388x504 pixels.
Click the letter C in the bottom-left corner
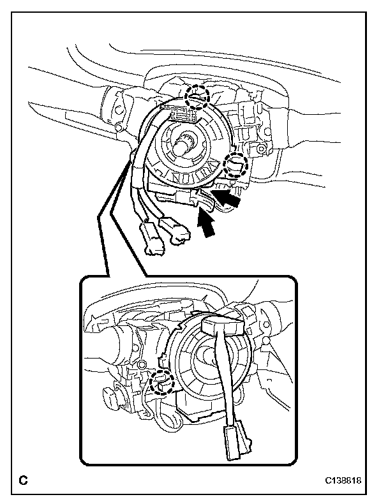pyautogui.click(x=24, y=479)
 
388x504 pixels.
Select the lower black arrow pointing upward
pyautogui.click(x=206, y=225)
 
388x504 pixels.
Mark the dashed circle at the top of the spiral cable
pyautogui.click(x=197, y=96)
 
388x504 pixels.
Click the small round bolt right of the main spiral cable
pyautogui.click(x=260, y=151)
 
